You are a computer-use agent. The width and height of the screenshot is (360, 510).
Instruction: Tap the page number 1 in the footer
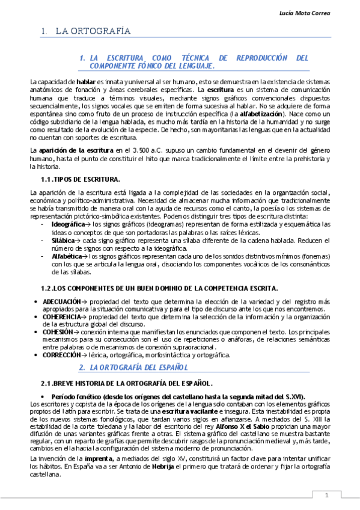point(326,495)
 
